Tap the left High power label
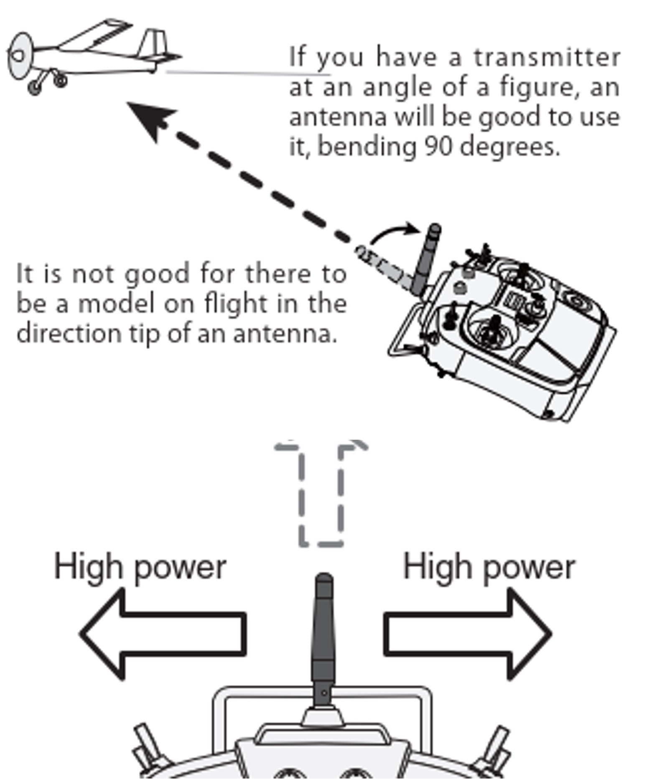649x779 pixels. coord(140,567)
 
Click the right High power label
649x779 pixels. coord(489,567)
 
